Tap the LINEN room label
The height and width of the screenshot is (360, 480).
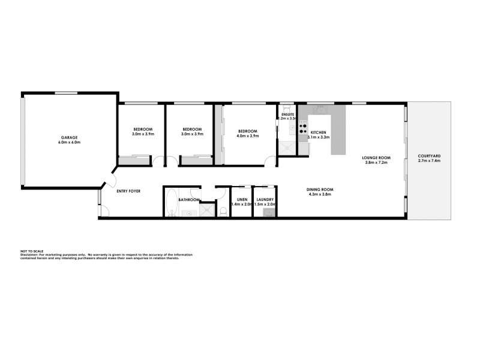241,199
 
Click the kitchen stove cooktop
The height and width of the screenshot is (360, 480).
302,127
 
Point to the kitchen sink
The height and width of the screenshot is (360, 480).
319,111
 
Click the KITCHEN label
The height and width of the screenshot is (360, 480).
319,132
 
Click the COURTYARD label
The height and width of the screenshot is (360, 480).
429,157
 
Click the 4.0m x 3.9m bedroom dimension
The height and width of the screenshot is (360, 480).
247,136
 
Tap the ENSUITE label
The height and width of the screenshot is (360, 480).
287,114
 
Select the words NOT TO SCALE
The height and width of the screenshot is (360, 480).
31,251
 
